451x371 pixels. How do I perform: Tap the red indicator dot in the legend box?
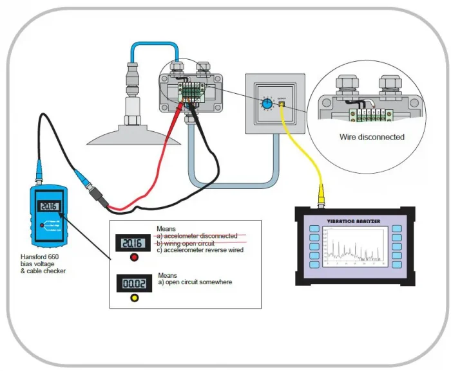[x=135, y=258]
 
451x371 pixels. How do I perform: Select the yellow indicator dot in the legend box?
[x=135, y=298]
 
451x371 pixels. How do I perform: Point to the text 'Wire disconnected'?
[x=372, y=137]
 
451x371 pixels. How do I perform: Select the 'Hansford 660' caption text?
[x=42, y=256]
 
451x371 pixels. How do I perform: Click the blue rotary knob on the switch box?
[x=265, y=104]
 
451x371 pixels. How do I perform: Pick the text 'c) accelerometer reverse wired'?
[x=200, y=249]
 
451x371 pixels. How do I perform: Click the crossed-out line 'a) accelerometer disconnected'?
[x=197, y=235]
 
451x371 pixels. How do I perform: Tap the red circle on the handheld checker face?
[x=41, y=226]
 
